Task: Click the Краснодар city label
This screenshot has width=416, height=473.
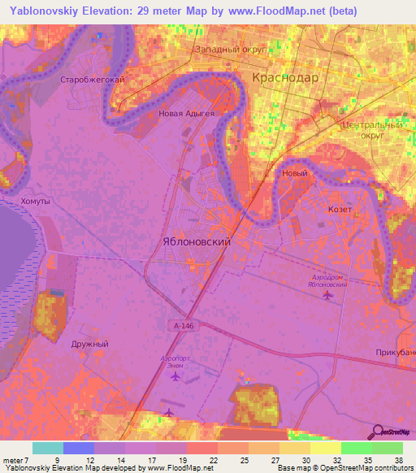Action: point(285,78)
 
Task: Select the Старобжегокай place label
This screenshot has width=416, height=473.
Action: point(92,80)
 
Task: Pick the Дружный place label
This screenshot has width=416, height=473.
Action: point(89,344)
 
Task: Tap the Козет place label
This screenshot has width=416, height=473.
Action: point(340,209)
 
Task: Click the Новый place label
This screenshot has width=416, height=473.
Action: point(294,173)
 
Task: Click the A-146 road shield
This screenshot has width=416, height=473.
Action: point(183,325)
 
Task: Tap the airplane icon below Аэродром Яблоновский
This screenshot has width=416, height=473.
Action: point(327,295)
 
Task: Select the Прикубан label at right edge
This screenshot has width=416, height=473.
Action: point(396,352)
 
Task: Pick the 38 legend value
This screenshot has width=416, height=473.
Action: point(397,459)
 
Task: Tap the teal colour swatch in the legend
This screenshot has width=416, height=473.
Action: point(47,448)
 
